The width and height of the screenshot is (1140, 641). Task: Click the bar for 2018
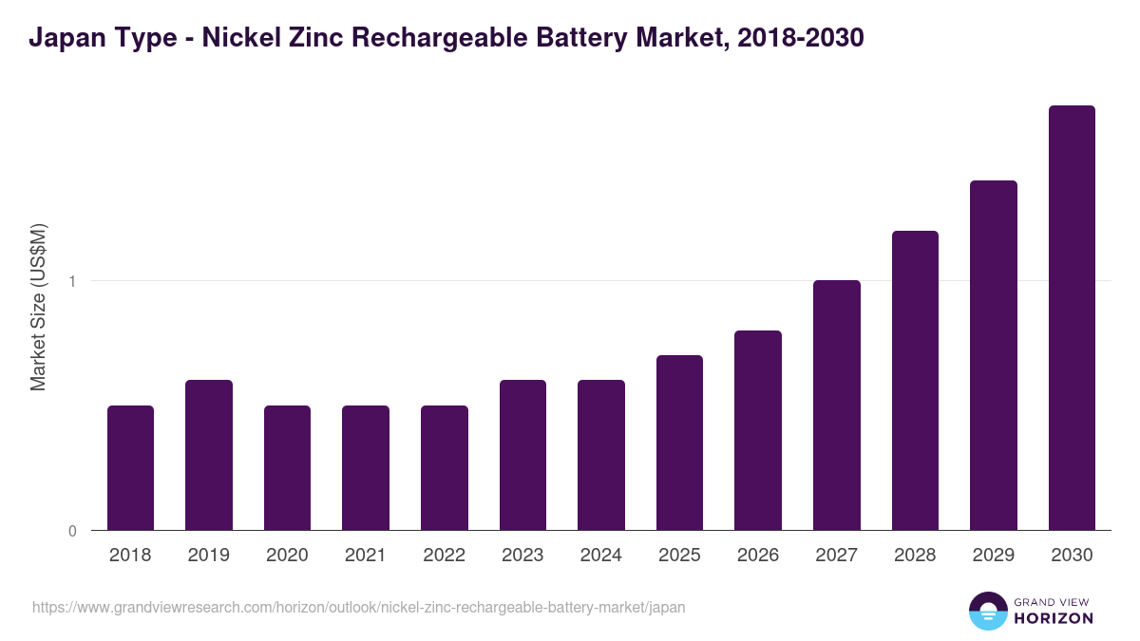click(x=130, y=467)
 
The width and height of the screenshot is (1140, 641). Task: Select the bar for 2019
click(x=209, y=455)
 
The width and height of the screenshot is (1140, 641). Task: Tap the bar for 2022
click(x=445, y=467)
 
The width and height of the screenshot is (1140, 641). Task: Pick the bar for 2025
click(x=679, y=443)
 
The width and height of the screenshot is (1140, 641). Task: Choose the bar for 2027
click(x=837, y=405)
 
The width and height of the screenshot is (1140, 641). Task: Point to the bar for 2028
click(x=915, y=380)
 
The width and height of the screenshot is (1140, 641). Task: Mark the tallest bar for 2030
click(x=1072, y=317)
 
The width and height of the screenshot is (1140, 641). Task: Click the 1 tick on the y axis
click(x=71, y=281)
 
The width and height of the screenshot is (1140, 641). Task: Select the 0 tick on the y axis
click(x=71, y=531)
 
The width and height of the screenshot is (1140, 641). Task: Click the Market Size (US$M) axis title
click(x=38, y=308)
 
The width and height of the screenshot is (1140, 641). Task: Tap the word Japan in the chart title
click(x=62, y=38)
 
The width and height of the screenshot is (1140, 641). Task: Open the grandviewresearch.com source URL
click(x=358, y=607)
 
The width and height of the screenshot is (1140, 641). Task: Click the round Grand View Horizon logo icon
click(x=988, y=611)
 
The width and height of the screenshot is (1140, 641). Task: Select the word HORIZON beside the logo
click(x=1053, y=618)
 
